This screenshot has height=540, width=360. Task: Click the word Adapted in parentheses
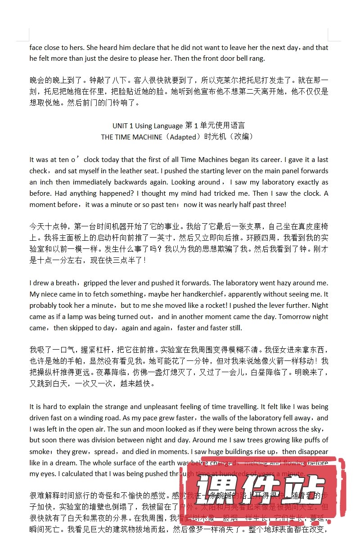[183, 137]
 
